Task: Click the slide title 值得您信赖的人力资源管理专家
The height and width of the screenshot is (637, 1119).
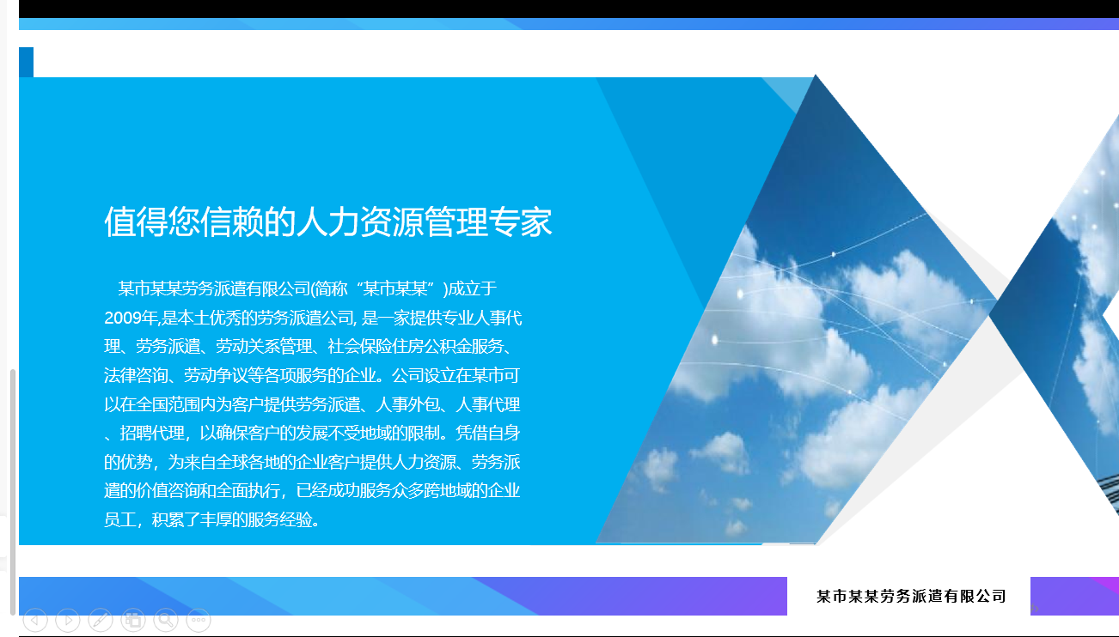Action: coord(327,221)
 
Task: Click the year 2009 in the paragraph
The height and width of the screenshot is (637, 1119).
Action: coord(124,318)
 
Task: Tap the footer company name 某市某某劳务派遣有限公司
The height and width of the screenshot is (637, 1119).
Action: coord(911,596)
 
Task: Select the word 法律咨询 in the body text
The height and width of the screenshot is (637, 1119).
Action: coord(136,375)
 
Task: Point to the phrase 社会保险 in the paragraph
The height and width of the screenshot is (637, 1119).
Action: coord(359,346)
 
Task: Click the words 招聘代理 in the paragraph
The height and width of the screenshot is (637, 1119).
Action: coord(152,433)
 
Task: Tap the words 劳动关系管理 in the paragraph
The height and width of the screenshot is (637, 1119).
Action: coord(264,346)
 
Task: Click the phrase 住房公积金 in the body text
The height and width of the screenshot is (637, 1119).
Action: coord(431,346)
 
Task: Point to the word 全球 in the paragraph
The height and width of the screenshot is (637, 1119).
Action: coord(232,462)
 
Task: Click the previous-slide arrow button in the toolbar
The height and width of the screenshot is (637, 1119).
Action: coord(35,620)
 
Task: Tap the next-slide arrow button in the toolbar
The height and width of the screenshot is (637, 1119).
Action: coord(68,620)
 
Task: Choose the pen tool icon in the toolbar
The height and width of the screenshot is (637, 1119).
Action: coord(101,620)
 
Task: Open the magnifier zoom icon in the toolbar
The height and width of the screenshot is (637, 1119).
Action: coord(166,620)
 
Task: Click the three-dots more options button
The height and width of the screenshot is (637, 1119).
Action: coord(199,620)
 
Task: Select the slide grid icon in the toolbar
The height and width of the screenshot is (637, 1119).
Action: coord(133,620)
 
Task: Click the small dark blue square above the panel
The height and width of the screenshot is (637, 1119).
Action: coord(27,63)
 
